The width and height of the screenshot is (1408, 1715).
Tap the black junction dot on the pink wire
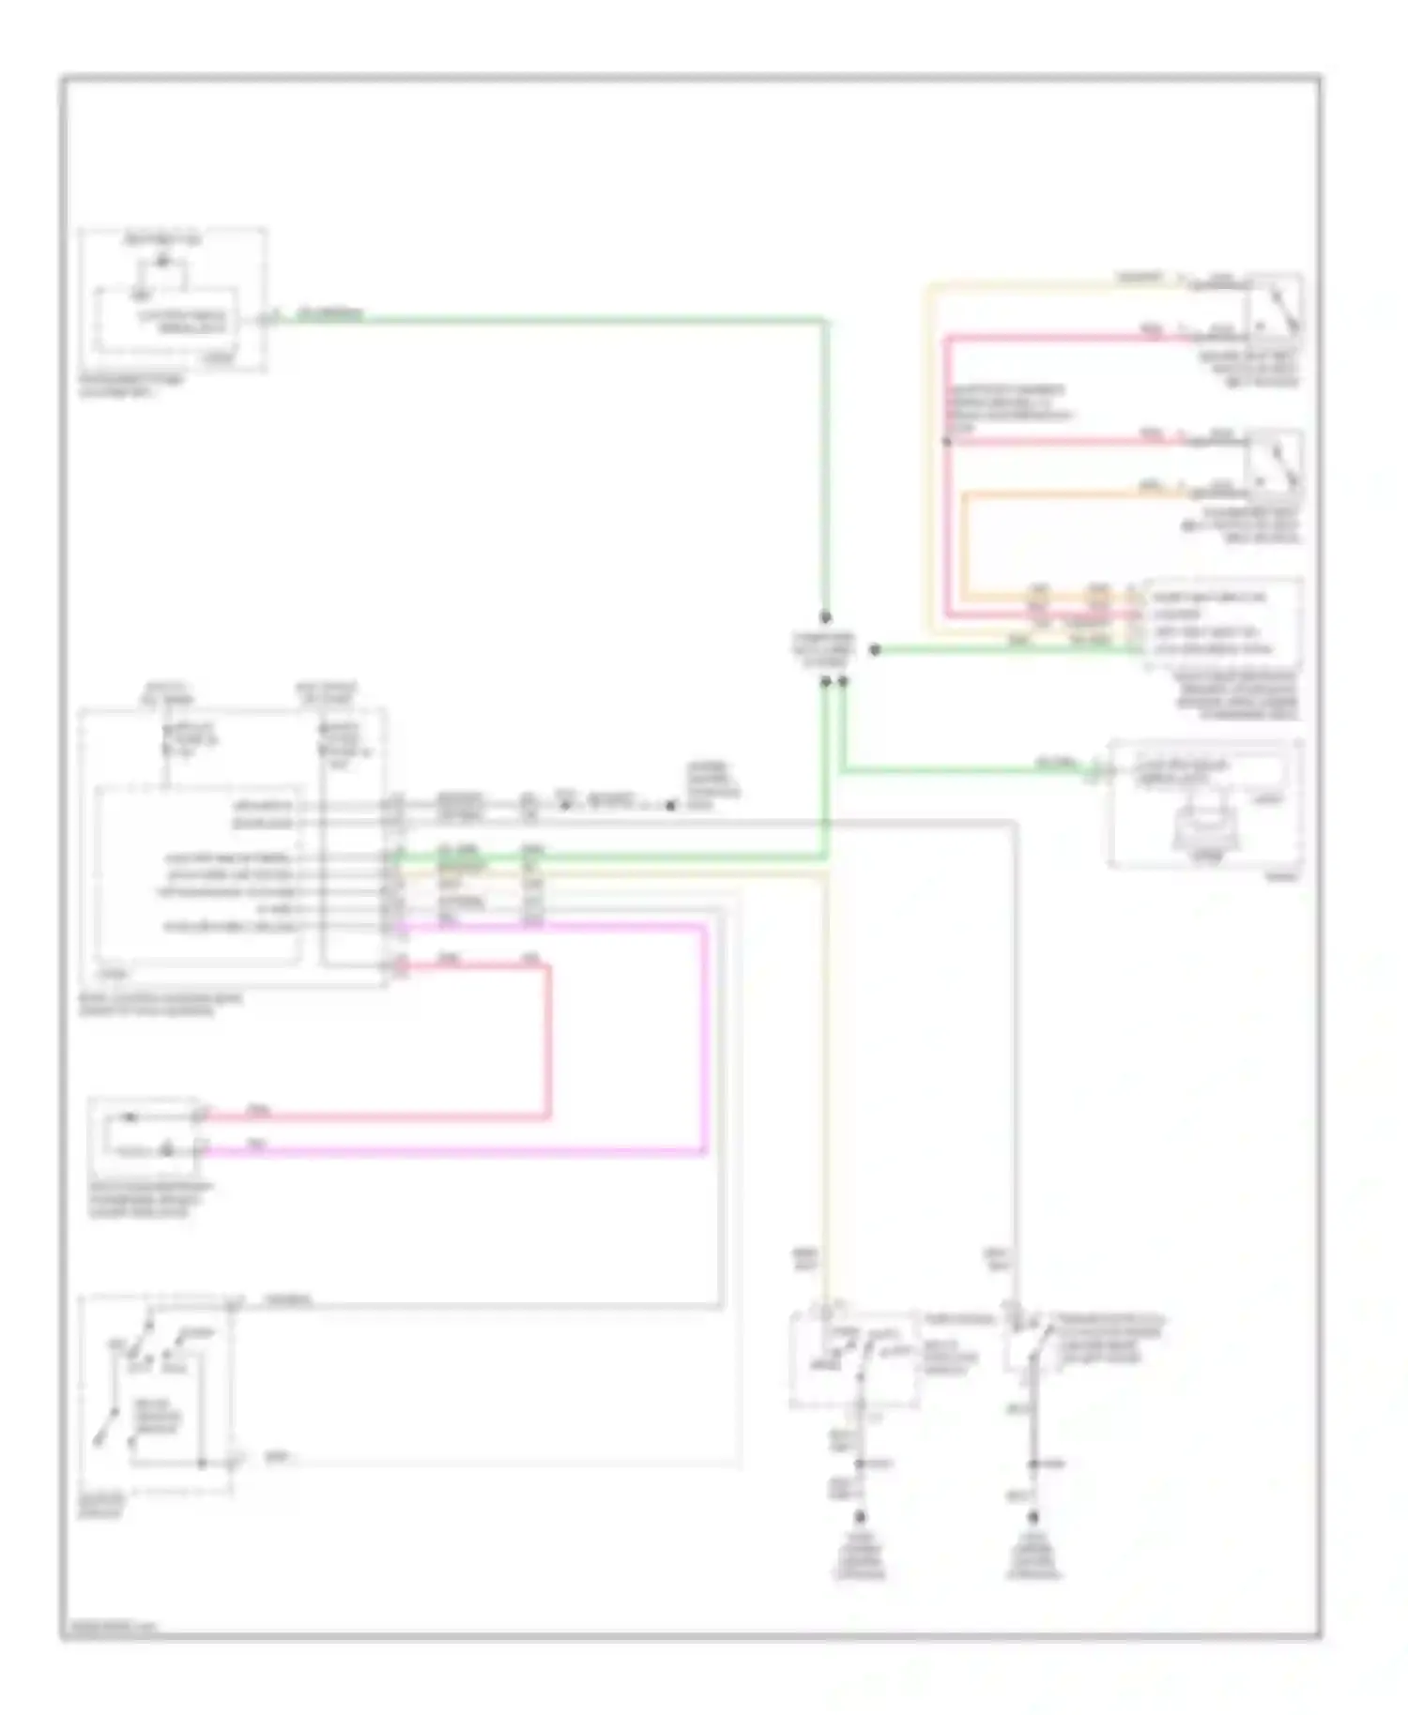click(947, 441)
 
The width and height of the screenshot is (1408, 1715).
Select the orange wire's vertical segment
click(965, 544)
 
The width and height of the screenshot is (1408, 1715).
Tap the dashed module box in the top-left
click(172, 298)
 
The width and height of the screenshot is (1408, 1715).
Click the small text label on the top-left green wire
click(329, 313)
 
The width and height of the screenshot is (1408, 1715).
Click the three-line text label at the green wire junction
click(823, 648)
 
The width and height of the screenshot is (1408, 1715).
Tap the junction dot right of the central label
click(875, 649)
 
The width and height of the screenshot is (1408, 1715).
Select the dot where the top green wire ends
click(826, 617)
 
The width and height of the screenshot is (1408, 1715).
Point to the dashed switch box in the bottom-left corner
click(155, 1395)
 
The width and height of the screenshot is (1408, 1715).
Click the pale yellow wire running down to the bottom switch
click(827, 1079)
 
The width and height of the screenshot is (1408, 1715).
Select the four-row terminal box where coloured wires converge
click(1221, 623)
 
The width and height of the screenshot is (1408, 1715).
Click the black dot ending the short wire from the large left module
click(671, 805)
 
